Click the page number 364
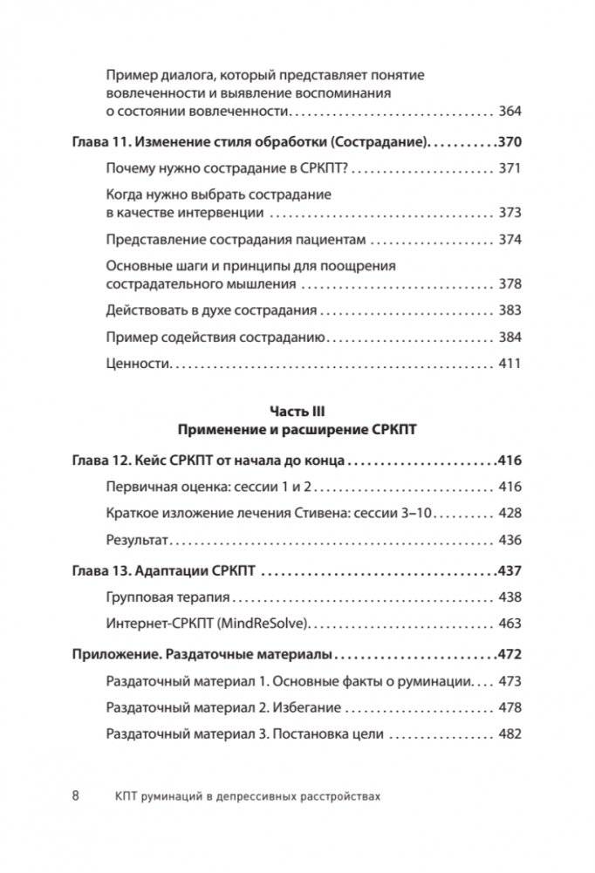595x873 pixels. click(509, 112)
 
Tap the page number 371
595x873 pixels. click(509, 171)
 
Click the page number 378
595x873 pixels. click(509, 284)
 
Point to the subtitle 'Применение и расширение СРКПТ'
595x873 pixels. click(297, 430)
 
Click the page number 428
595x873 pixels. click(509, 515)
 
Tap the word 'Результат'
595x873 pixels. click(135, 541)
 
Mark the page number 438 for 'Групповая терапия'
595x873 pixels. click(509, 598)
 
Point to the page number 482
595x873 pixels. click(509, 734)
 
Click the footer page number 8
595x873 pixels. click(76, 795)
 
